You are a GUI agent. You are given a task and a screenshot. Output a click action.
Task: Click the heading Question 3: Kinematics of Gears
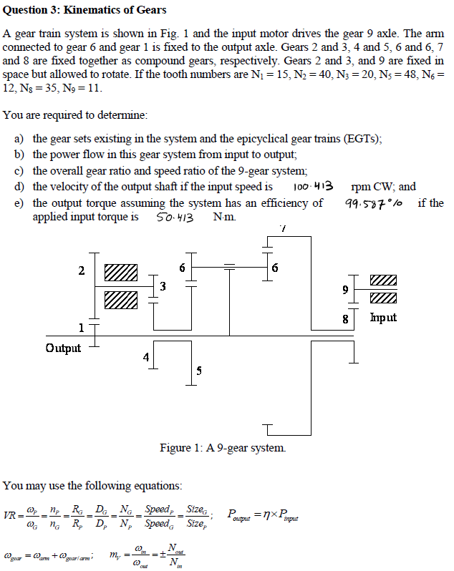[85, 10]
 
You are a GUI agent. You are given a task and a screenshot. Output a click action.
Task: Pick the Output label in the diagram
[63, 348]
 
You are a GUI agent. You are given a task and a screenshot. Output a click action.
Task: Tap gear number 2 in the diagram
[82, 270]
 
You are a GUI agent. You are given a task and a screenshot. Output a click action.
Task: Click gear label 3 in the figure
[163, 287]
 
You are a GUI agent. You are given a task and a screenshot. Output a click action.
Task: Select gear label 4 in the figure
[146, 356]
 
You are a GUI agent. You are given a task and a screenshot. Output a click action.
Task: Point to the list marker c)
[19, 170]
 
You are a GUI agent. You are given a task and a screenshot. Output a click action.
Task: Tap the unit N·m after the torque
[225, 217]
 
